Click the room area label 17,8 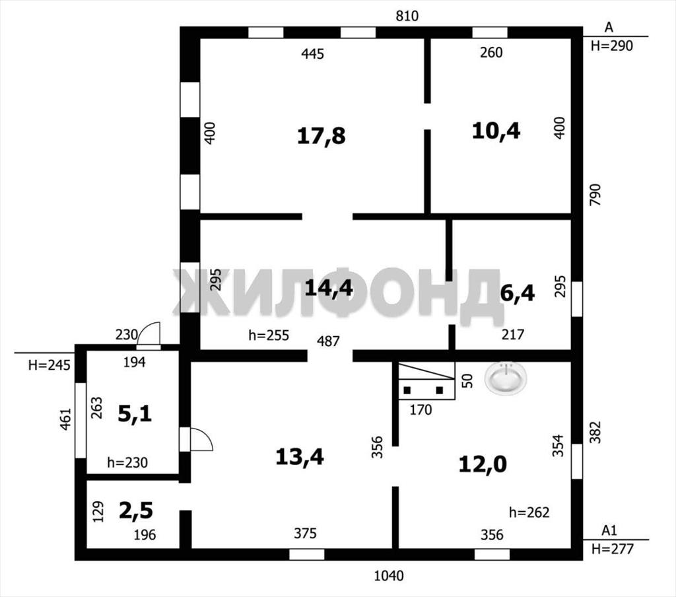point(321,136)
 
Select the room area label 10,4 point(496,130)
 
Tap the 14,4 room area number point(329,288)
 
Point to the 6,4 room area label point(518,293)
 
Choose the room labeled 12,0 point(483,464)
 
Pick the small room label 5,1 point(135,414)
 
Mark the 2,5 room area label point(136,510)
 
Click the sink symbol point(506,378)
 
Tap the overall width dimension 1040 point(389,575)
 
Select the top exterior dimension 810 point(407,16)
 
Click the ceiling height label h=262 point(529,512)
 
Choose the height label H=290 point(612,46)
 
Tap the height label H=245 point(49,365)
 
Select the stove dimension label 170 point(421,409)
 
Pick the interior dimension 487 point(328,341)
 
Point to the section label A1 point(609,530)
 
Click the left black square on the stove point(407,390)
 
